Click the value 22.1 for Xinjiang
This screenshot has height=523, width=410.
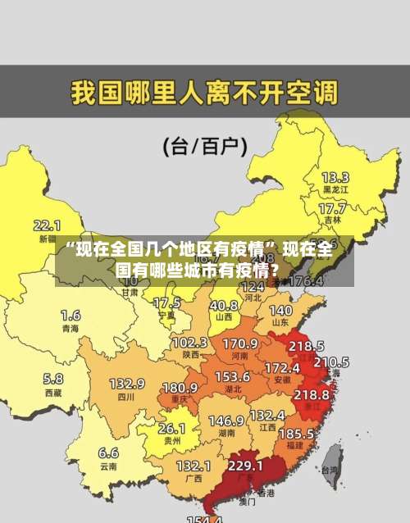click(48, 225)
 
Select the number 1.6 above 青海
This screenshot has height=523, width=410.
click(71, 315)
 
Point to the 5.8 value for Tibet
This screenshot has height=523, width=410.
click(53, 379)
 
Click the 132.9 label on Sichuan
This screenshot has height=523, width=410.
click(127, 383)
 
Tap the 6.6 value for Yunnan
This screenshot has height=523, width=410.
click(108, 452)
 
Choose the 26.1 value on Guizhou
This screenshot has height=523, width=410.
click(171, 428)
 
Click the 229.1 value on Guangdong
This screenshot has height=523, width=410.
click(245, 465)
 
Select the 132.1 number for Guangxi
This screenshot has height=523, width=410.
click(194, 465)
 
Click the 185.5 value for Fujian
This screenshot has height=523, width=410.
click(295, 432)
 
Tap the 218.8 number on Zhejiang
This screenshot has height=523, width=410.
click(311, 394)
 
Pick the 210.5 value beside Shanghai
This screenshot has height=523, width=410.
click(331, 362)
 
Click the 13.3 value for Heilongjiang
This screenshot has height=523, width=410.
click(335, 176)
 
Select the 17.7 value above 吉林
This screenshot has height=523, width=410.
click(331, 209)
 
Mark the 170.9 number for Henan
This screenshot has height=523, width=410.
click(240, 343)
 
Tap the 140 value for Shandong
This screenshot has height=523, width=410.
click(280, 311)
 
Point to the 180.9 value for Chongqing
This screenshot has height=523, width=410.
click(180, 387)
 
